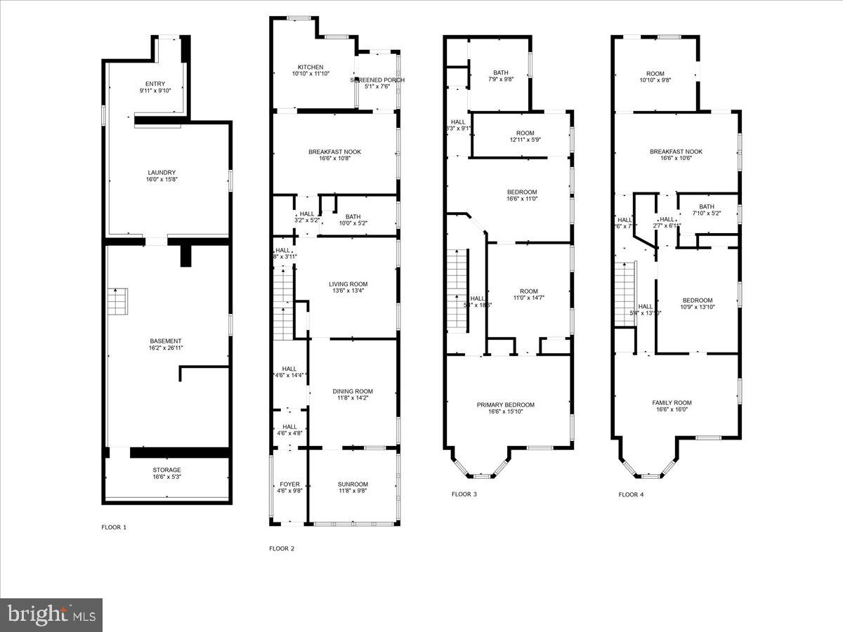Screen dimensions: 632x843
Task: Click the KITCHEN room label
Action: [x=310, y=67]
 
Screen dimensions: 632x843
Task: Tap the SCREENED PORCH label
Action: [x=378, y=80]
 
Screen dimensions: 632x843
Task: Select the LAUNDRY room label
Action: [x=162, y=173]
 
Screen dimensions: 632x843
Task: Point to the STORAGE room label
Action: [x=167, y=470]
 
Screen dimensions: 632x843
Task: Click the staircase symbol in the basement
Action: [x=117, y=302]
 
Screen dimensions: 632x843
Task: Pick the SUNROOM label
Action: [x=353, y=485]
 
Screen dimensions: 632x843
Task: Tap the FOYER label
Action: [x=289, y=485]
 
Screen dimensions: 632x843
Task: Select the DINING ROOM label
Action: [x=353, y=391]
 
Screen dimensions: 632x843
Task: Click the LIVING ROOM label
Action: [x=347, y=284]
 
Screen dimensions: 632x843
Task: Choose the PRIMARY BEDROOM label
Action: [x=506, y=404]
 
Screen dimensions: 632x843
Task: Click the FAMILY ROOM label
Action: [x=672, y=403]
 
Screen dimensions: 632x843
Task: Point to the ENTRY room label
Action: [x=155, y=84]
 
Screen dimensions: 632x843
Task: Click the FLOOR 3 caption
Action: [x=464, y=494]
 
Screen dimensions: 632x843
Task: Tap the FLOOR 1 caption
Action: [x=115, y=527]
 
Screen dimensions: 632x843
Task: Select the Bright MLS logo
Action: [x=51, y=615]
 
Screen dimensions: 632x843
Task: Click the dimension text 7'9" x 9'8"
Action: [x=500, y=79]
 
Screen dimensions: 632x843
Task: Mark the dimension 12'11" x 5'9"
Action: [x=525, y=140]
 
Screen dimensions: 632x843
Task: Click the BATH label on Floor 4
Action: [x=706, y=206]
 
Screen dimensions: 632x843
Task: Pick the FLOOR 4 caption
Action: [x=631, y=494]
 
